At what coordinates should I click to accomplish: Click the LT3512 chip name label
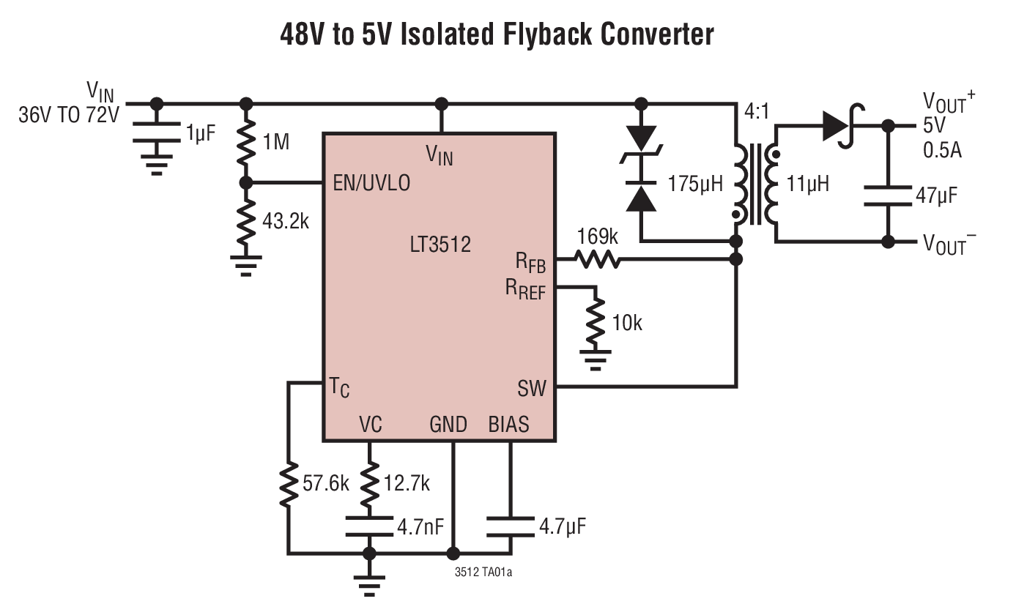coord(440,245)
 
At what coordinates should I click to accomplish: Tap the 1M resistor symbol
coord(247,143)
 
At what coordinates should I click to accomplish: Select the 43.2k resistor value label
coord(286,221)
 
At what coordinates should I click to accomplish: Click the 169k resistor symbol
coord(596,259)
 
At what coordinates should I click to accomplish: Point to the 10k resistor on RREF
coord(597,322)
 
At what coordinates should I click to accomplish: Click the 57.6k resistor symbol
coord(289,483)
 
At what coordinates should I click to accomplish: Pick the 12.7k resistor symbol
coord(370,483)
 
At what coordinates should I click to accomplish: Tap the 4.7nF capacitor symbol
coord(370,526)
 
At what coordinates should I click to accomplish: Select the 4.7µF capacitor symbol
coord(510,526)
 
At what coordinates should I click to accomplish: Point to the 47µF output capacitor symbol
coord(888,195)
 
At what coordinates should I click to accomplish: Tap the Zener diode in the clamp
coord(642,143)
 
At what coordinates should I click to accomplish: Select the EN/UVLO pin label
coord(371,183)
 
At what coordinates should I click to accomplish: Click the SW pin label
coord(532,388)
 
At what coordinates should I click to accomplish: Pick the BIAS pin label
coord(508,425)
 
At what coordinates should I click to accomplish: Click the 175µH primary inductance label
coord(695,183)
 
